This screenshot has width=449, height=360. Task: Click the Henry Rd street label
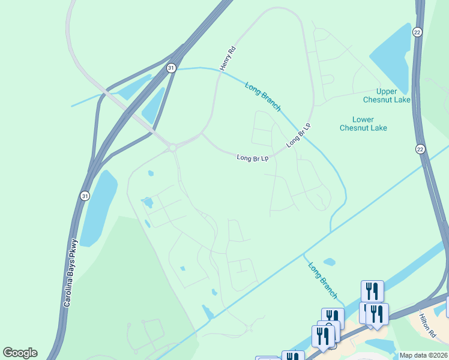[x=229, y=59]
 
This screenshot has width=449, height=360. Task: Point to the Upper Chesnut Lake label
[x=387, y=95]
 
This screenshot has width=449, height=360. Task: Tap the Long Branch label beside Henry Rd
[x=263, y=96]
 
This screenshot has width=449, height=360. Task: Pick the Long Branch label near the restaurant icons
[x=322, y=280]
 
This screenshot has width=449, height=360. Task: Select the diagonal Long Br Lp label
[x=299, y=136]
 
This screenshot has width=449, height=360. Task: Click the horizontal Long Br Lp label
[x=252, y=158]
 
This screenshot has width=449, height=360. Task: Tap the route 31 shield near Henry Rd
[x=172, y=68]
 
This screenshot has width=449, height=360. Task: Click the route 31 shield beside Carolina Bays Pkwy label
[x=85, y=196]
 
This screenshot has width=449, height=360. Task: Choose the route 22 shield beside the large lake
[x=417, y=32]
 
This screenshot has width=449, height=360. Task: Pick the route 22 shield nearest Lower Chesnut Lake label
[x=420, y=149]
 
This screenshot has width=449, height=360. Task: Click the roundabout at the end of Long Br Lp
[x=173, y=148]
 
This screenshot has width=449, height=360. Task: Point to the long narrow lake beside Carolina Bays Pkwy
[x=98, y=207]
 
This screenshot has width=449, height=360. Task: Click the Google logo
[x=20, y=353]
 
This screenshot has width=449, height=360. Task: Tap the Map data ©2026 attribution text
[x=423, y=355]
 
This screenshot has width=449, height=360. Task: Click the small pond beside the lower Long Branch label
[x=329, y=262]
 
